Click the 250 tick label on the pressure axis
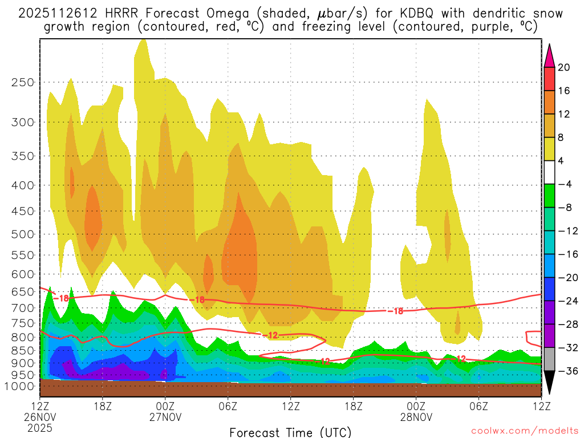point(22,82)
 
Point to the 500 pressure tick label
point(22,234)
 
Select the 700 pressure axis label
point(22,308)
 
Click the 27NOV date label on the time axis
point(165,416)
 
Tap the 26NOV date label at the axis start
point(39,416)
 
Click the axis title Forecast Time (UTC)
point(290,432)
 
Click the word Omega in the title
point(220,13)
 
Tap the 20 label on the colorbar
point(563,67)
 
